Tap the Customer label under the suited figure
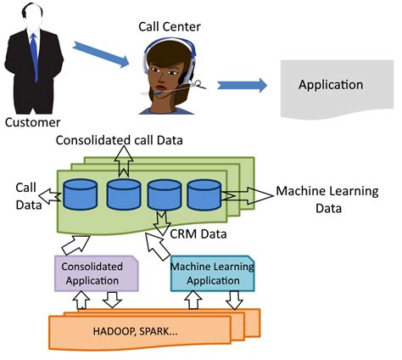[33, 122]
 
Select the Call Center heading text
[169, 26]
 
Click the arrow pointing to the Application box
[243, 86]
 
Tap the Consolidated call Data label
[118, 138]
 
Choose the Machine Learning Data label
[321, 200]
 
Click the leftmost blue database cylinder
[82, 196]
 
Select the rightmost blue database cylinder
[204, 196]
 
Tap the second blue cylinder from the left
[123, 196]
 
